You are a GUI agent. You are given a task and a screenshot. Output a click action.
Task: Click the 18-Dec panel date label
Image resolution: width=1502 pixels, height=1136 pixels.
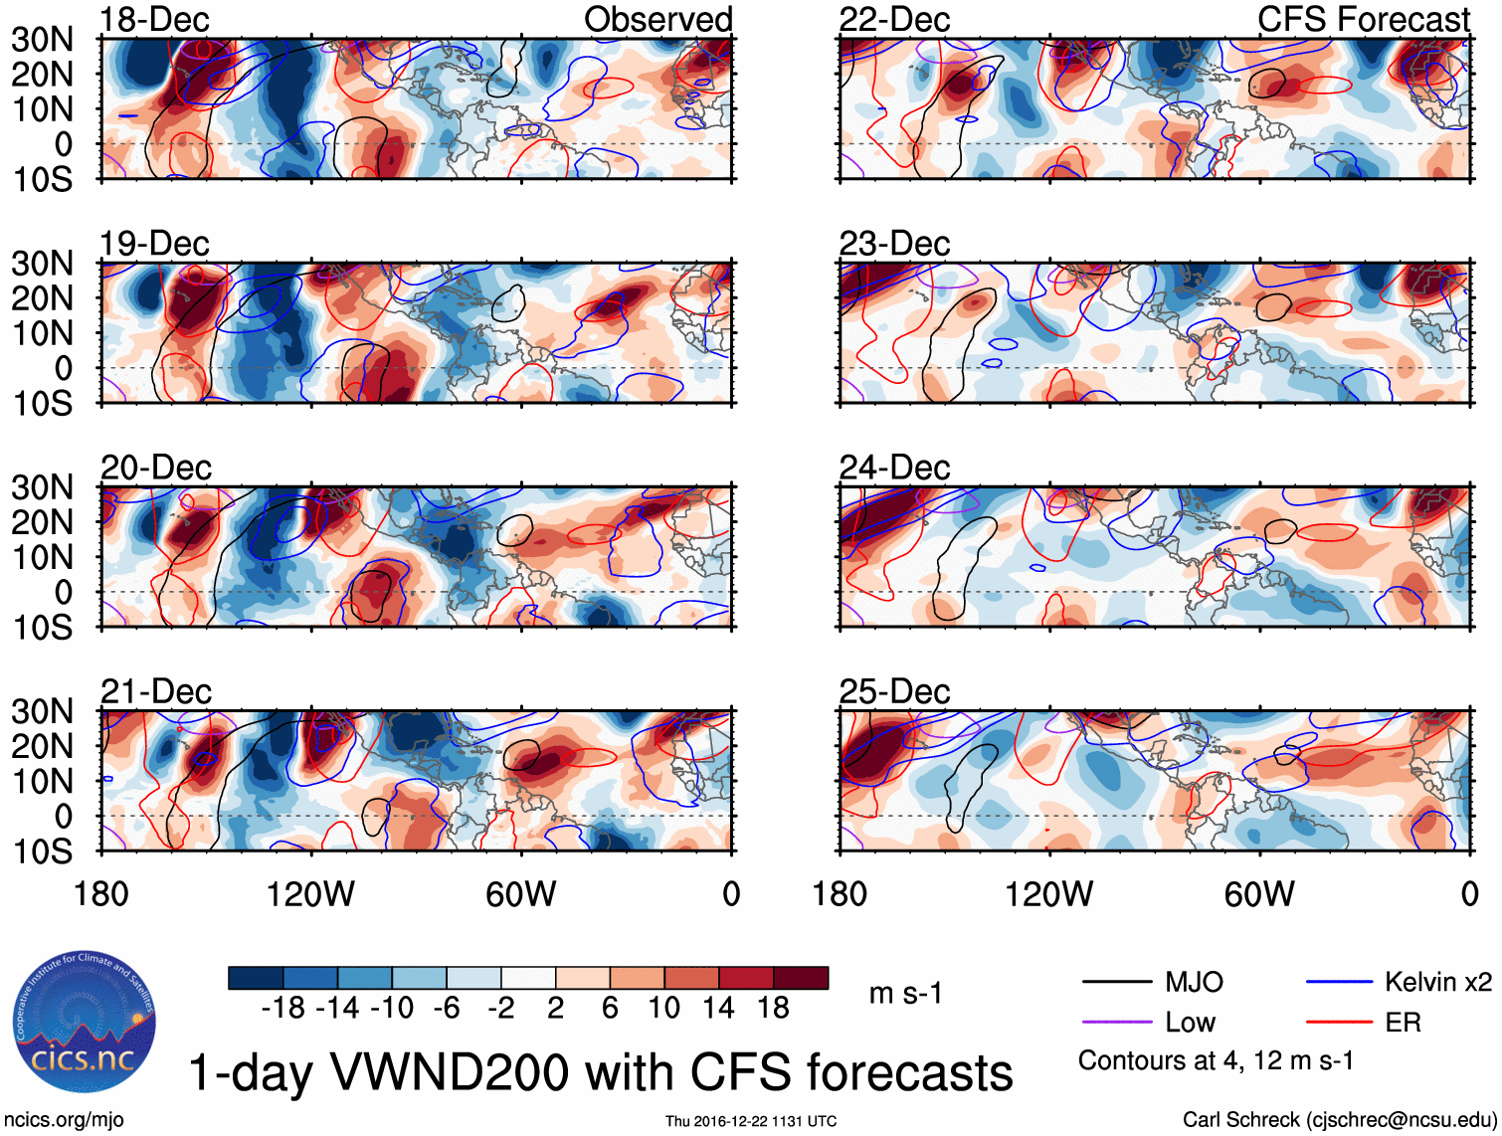pos(154,20)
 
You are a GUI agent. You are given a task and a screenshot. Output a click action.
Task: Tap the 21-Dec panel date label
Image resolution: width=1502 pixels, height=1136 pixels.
pos(156,691)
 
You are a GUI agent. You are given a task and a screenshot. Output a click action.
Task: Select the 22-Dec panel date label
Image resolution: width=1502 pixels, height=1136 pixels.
pos(894,20)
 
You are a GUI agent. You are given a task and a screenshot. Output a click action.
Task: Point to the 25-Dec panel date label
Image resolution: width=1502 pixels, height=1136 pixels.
pos(894,691)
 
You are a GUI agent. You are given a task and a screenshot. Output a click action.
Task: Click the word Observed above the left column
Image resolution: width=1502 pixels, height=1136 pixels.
pos(657,19)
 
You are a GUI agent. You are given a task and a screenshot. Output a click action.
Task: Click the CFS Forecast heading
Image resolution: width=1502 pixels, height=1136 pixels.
pos(1364,19)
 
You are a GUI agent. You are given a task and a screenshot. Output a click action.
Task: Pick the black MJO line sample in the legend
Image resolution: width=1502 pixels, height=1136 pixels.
pos(1116,983)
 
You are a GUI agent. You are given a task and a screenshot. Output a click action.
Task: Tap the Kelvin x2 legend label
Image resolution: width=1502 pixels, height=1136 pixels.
pos(1437,983)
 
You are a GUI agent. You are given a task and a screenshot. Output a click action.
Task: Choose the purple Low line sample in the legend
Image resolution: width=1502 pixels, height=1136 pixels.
pos(1116,1022)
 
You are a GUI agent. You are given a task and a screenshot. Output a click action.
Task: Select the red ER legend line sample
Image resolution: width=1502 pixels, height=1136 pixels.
pos(1339,1022)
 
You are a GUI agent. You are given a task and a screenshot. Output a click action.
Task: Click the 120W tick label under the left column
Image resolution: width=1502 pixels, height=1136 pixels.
pos(310,894)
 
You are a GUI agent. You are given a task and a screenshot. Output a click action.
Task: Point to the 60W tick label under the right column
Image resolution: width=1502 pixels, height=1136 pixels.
pos(1259,894)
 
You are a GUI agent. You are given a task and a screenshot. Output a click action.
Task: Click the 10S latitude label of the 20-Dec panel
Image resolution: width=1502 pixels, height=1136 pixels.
pos(42,628)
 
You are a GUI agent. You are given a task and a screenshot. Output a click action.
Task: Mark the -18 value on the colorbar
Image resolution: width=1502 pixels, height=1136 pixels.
pos(283,1008)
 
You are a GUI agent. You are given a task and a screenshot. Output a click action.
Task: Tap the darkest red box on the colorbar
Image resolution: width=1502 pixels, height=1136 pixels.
pos(801,978)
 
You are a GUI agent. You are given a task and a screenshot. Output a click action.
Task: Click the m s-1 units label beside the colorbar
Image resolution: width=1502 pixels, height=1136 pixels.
pos(905,993)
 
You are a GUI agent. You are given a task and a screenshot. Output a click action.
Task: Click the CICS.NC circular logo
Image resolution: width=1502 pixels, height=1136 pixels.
pos(84,1022)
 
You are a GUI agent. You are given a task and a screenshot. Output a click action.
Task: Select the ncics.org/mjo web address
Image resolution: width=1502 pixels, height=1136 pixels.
pos(64,1120)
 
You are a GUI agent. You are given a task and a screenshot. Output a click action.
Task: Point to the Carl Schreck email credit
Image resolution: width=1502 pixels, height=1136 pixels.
pos(1339,1120)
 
